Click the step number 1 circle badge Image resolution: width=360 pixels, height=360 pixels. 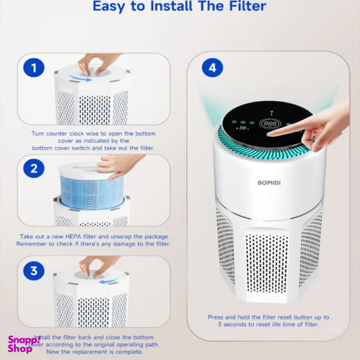coord(34,67)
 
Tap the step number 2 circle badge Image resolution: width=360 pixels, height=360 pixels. coord(34,169)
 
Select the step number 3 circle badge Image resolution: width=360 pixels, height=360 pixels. coord(34,271)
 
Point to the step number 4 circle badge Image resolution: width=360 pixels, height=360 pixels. coord(212,67)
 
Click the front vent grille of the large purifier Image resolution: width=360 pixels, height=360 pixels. coord(267,262)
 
